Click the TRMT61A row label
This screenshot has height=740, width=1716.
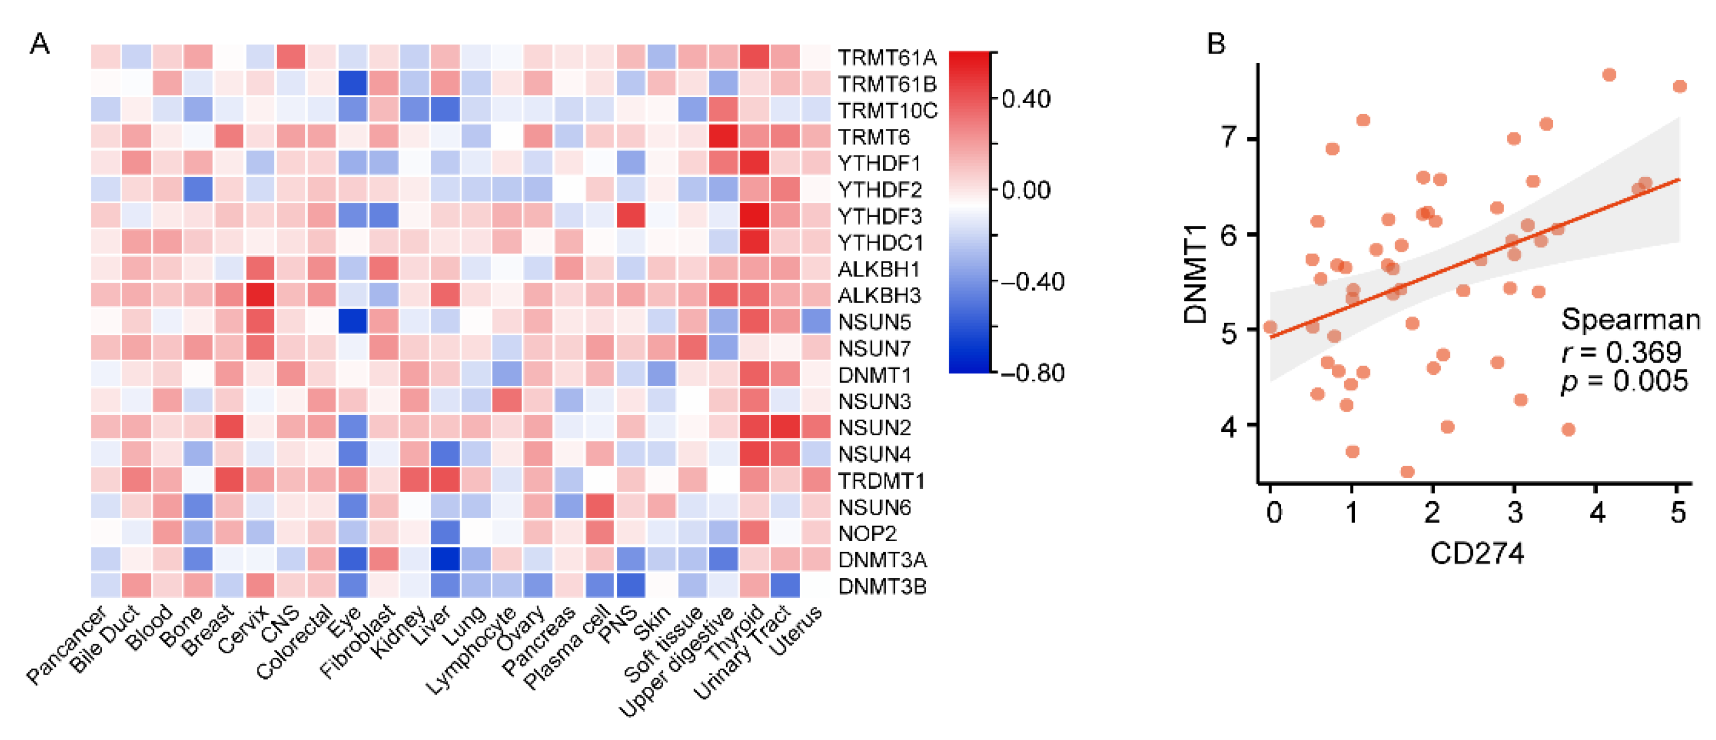(887, 58)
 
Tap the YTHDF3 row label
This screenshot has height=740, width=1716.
(879, 216)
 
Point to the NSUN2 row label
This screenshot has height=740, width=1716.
(874, 427)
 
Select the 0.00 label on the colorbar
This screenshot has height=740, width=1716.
(1026, 190)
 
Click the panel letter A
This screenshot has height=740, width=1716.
(39, 44)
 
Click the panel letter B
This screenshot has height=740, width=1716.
(1216, 44)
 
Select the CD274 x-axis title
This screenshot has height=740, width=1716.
(1476, 554)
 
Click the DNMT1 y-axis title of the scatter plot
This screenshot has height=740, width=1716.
(1196, 274)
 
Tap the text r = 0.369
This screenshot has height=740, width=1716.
(1621, 351)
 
